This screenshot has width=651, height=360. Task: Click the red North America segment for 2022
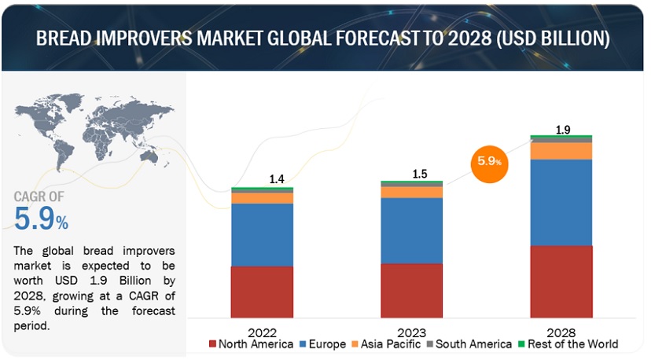[x=262, y=291]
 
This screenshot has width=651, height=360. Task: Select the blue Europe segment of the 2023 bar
[x=411, y=230]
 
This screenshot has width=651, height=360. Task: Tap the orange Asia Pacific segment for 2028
[x=561, y=151]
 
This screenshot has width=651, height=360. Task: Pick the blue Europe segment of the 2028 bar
[x=561, y=202]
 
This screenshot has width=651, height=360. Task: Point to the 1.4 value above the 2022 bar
[x=277, y=180]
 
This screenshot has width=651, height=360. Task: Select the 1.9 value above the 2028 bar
[x=563, y=130]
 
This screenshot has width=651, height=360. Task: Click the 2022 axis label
[x=262, y=332]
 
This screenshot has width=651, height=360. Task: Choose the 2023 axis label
[x=411, y=332]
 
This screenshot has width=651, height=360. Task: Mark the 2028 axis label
[x=561, y=332]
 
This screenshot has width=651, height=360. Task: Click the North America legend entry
[x=251, y=344]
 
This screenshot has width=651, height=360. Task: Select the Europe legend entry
[x=324, y=344]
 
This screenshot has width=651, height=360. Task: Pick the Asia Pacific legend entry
[x=385, y=344]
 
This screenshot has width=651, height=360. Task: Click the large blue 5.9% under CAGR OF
[x=41, y=219]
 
